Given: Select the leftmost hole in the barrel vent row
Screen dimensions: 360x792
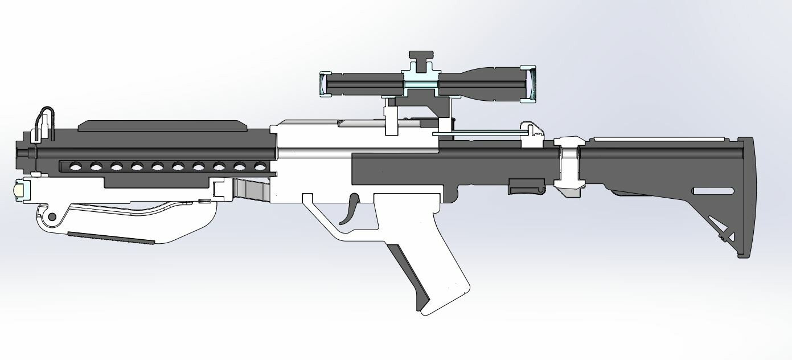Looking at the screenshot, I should [x=74, y=166].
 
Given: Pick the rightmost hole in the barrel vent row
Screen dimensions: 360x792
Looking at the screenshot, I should [x=260, y=166].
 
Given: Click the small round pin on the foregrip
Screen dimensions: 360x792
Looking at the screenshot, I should [x=52, y=216].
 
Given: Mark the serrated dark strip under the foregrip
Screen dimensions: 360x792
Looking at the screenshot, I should [x=111, y=238].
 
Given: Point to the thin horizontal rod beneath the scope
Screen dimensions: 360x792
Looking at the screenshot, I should [x=484, y=134].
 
